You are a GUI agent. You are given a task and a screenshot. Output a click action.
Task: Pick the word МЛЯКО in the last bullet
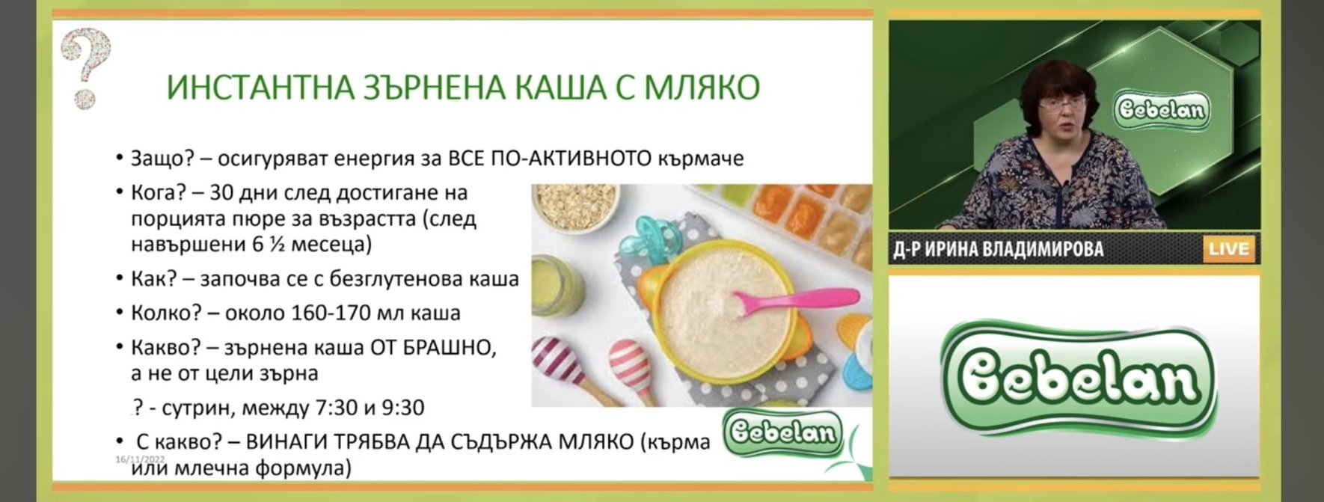pyautogui.click(x=595, y=441)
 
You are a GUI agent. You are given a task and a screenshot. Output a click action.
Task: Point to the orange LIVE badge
pyautogui.click(x=1228, y=249)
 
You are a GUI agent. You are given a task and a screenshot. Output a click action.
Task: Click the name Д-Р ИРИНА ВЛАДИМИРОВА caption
pyautogui.click(x=998, y=249)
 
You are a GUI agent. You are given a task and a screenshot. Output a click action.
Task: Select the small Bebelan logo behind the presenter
pyautogui.click(x=1161, y=110)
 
